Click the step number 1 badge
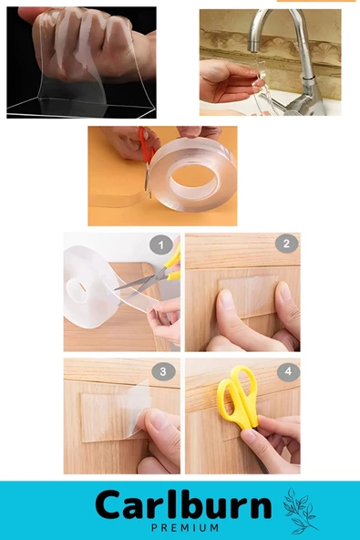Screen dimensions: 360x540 [x=161, y=244]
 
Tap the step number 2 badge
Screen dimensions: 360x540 [x=286, y=244]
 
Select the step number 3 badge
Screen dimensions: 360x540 [x=163, y=371]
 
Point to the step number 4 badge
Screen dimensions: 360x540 [x=288, y=371]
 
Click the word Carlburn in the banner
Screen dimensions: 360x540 [x=183, y=504]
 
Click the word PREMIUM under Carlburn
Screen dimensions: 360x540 [x=185, y=527]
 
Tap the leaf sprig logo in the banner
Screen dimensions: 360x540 [x=299, y=511]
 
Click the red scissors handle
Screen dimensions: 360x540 [x=146, y=145]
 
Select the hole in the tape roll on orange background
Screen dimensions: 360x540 [x=192, y=179]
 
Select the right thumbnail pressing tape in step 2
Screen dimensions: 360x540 [x=285, y=291]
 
